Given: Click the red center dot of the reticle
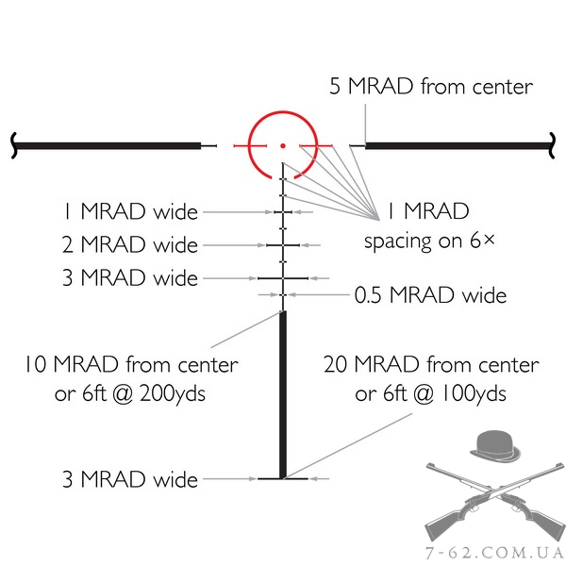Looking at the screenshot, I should (x=282, y=145).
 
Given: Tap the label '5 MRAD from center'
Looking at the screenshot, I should (x=431, y=88).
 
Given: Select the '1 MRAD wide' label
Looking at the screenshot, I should (x=130, y=211).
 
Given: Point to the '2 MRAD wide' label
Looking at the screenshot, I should (x=129, y=245).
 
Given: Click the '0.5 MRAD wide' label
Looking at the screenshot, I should (x=430, y=296).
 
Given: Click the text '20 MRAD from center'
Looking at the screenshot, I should (x=431, y=364).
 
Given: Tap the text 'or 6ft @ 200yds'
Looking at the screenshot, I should (x=131, y=393).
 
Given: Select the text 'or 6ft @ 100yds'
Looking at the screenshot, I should (x=431, y=393).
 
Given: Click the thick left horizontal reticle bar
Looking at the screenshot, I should (x=108, y=145).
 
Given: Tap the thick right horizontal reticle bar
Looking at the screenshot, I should (x=458, y=145).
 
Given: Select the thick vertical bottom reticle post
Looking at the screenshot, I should (x=282, y=396).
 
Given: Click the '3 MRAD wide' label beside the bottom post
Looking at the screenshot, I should (x=130, y=479).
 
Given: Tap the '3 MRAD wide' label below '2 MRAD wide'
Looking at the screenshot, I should (x=130, y=278).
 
